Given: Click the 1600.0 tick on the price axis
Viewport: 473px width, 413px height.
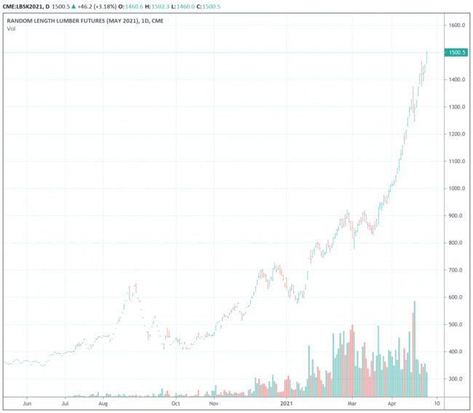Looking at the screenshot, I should coord(457,25).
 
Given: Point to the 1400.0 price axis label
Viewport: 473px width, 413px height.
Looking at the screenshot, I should coord(457,80).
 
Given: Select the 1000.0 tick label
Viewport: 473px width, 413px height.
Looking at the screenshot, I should coord(457,189).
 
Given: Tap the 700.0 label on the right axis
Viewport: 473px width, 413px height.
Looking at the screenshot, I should coord(456,270).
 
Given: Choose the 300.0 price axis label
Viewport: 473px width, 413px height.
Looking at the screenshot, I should coord(456,379).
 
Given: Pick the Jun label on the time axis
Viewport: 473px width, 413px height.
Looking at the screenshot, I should coord(27,402).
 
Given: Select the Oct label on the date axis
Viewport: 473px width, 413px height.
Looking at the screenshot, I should coord(175,402).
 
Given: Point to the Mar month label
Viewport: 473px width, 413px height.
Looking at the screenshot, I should coord(351,402).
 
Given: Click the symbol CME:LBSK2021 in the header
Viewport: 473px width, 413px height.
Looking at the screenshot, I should coord(28,6).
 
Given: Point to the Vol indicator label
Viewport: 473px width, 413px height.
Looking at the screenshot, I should coord(11,29).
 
